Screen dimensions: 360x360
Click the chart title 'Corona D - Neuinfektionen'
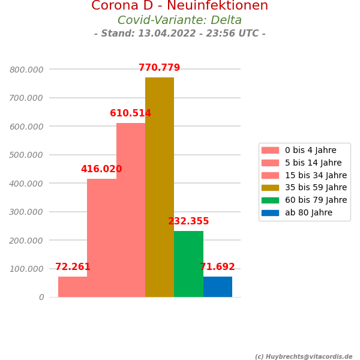(x=179, y=6)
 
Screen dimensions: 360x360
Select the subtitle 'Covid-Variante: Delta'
(x=179, y=20)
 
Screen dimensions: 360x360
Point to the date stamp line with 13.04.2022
(x=179, y=34)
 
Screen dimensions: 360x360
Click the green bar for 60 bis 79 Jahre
(x=188, y=264)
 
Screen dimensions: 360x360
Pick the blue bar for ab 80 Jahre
(x=218, y=287)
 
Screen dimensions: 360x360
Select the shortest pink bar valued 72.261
(x=73, y=287)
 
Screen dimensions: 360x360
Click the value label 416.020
(x=101, y=170)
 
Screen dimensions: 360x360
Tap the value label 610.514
(x=130, y=114)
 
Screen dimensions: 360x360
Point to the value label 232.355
(x=188, y=222)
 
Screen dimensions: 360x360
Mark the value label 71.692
(x=217, y=268)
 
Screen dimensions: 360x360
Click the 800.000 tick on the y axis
(x=26, y=70)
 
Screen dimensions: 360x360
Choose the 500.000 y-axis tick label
(x=26, y=155)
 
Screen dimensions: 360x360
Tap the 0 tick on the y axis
(x=41, y=298)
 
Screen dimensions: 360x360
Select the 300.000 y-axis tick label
(x=26, y=212)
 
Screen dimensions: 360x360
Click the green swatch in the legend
(x=270, y=200)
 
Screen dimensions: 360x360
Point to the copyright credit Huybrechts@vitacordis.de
(x=304, y=357)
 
